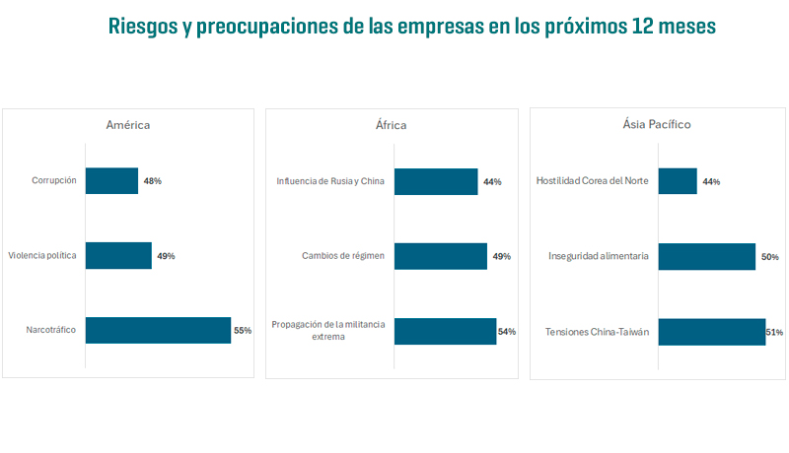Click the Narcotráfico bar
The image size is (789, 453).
(158, 330)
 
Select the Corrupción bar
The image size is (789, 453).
(111, 180)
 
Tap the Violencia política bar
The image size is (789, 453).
(118, 255)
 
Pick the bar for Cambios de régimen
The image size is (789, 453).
(441, 256)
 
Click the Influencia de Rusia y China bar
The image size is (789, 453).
(436, 181)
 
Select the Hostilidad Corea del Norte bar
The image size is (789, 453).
(678, 181)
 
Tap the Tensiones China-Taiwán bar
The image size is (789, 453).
(712, 332)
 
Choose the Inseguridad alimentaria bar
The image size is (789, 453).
(707, 256)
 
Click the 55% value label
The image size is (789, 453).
(243, 331)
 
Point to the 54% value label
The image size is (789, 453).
(507, 332)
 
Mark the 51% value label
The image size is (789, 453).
(774, 333)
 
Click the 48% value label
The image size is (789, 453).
(152, 181)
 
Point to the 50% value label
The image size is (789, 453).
(770, 257)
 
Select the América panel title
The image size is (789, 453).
(128, 125)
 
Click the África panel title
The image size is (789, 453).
(391, 125)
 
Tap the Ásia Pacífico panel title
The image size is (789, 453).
(656, 125)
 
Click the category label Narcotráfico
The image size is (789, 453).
(51, 331)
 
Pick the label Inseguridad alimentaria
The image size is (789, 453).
(599, 256)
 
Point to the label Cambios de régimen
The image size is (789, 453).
(343, 256)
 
